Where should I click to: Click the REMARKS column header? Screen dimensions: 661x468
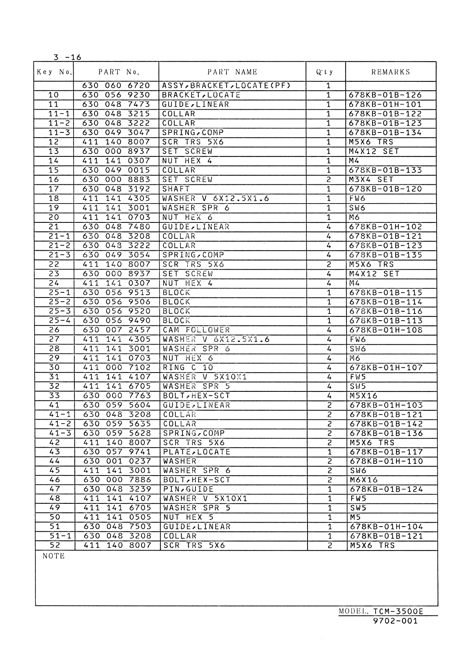coord(391,72)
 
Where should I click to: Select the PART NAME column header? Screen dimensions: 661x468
coord(232,72)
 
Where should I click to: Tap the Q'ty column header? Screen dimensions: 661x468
coord(325,72)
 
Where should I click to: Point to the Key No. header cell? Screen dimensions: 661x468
coord(54,72)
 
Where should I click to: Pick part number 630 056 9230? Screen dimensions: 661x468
coord(116,95)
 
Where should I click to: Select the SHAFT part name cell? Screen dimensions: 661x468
coord(176,189)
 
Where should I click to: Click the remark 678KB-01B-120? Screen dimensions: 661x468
coord(385,189)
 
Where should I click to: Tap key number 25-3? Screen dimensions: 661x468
coord(59,311)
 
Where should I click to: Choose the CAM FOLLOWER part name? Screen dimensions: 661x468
coord(196,330)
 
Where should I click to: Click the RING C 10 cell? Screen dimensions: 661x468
coord(188,367)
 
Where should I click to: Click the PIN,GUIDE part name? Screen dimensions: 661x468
coord(188,489)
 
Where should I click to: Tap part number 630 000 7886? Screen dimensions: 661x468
coord(117,480)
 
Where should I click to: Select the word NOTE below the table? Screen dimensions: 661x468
coord(53,556)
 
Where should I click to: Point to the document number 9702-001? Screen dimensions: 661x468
coord(395,621)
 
